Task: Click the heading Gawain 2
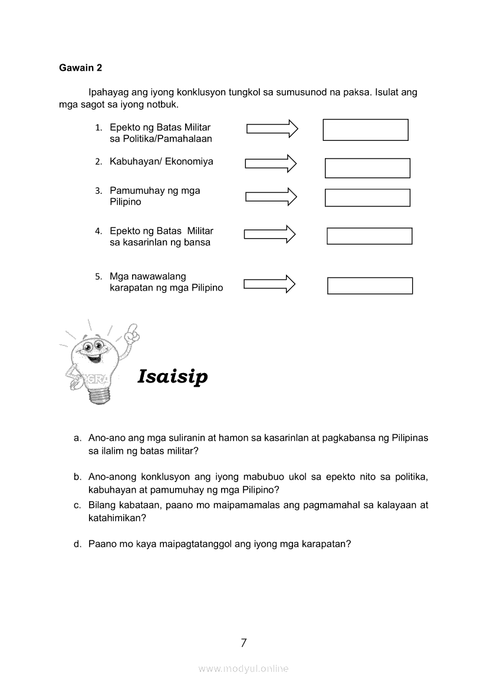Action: coord(80,68)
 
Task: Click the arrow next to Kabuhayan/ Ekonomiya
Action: coord(271,163)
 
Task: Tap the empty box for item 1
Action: coord(365,130)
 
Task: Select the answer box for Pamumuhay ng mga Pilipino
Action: coord(367,197)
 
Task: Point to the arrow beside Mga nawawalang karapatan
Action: coord(269,283)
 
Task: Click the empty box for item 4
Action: coord(369,236)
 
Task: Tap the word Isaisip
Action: coord(172,376)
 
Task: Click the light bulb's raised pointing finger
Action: coord(133,329)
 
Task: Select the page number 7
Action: coord(244,643)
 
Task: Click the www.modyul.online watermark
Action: coord(244,668)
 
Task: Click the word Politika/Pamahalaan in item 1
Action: coord(160,139)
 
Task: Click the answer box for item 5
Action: coord(370,285)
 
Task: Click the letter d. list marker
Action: coord(77,545)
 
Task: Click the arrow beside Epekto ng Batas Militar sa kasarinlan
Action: coord(269,234)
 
